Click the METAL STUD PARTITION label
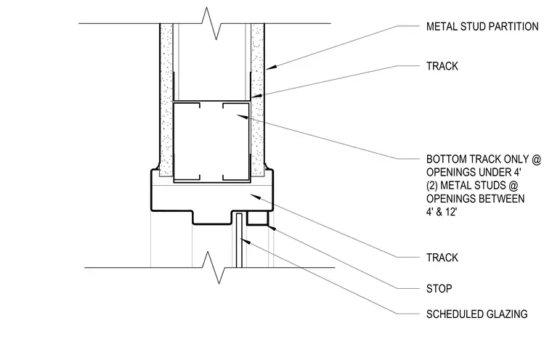(482, 26)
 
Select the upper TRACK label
(442, 66)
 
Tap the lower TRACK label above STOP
(442, 258)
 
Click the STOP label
(439, 289)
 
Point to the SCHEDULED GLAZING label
(477, 314)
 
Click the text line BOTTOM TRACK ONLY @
(484, 160)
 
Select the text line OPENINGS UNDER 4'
(474, 173)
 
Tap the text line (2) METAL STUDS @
(472, 186)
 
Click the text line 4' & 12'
(442, 212)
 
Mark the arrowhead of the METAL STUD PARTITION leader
(271, 67)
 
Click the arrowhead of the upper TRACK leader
(256, 96)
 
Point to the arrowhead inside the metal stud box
(242, 116)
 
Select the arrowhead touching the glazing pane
(245, 242)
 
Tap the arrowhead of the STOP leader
(272, 229)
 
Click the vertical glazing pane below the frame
(239, 240)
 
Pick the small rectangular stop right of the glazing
(258, 218)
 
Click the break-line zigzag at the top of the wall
(211, 23)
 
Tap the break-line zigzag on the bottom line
(214, 267)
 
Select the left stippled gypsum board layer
(166, 100)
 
